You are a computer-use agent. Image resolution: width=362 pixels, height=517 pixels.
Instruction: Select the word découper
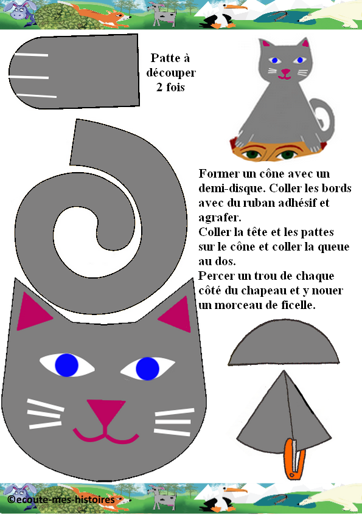coord(171,73)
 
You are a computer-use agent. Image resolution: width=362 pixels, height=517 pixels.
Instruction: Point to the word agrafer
coord(220,218)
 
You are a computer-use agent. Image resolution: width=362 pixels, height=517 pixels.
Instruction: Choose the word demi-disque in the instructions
coord(232,189)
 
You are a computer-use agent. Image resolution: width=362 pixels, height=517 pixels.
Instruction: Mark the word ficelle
coord(298,305)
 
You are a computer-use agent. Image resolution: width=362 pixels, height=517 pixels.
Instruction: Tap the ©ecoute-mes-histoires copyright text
coord(61,499)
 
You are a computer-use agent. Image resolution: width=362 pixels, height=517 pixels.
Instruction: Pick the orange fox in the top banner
coord(97,15)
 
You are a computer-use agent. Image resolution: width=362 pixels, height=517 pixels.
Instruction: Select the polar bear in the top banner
coord(333,15)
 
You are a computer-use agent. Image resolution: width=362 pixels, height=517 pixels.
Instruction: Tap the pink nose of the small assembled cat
coord(285,71)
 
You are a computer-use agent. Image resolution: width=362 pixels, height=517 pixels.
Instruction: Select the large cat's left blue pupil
coord(66,365)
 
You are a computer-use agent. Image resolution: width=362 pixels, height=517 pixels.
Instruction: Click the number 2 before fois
coord(159,88)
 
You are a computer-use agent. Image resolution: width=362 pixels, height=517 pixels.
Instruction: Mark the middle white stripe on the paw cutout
coord(29,77)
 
